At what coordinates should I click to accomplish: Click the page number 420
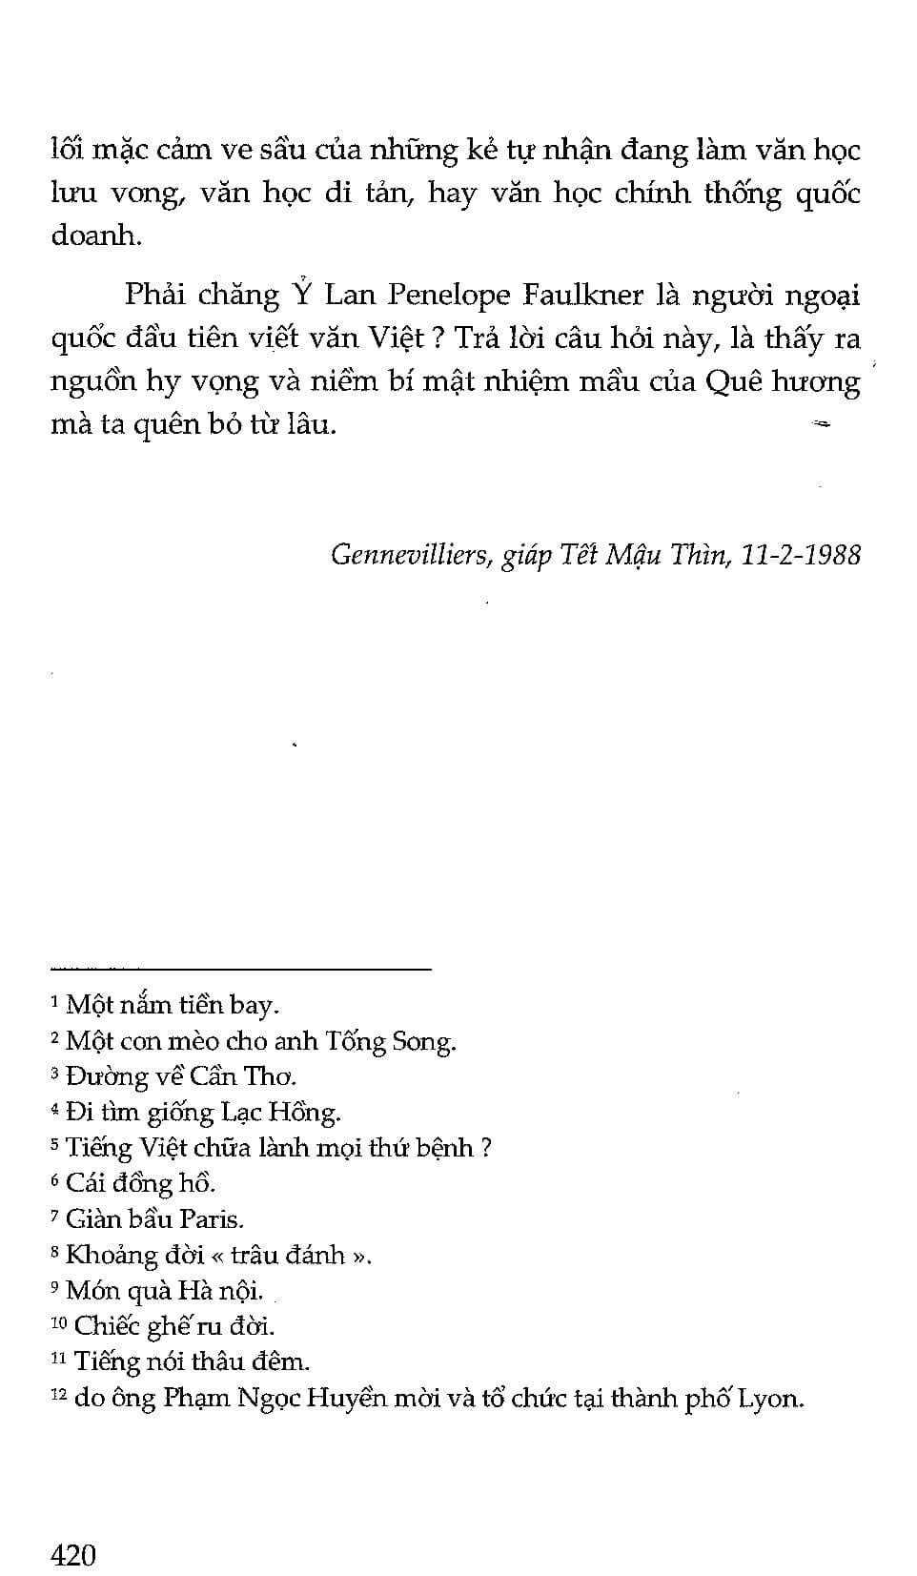pyautogui.click(x=73, y=1555)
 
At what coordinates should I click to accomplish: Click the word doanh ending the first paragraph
pyautogui.click(x=95, y=235)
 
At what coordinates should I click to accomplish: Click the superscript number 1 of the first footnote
pyautogui.click(x=54, y=1001)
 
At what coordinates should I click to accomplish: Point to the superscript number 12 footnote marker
pyautogui.click(x=58, y=1396)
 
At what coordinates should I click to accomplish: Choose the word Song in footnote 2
pyautogui.click(x=430, y=1041)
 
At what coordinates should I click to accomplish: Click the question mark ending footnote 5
pyautogui.click(x=485, y=1148)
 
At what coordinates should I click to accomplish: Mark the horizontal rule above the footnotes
pyautogui.click(x=240, y=970)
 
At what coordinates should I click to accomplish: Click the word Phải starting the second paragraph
pyautogui.click(x=153, y=295)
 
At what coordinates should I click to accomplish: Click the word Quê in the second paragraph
pyautogui.click(x=730, y=381)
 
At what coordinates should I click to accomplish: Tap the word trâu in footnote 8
pyautogui.click(x=256, y=1255)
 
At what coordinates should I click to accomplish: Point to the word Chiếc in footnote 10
pyautogui.click(x=105, y=1326)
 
